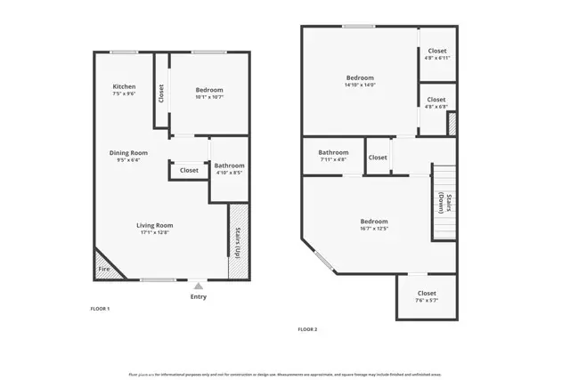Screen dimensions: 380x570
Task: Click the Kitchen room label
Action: (124, 86)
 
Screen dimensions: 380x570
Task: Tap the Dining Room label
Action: (128, 153)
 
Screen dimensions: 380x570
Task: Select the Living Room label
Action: (154, 225)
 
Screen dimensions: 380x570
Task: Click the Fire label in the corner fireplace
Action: (103, 268)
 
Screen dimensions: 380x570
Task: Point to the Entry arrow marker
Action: (198, 287)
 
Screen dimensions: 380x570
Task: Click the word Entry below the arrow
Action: (198, 297)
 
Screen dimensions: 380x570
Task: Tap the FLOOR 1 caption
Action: (100, 308)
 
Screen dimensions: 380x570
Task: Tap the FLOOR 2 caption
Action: (307, 329)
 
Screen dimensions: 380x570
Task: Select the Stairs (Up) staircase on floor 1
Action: (238, 242)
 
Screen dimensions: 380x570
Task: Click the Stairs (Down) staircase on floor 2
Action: (444, 203)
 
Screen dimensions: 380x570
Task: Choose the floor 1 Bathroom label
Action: (229, 166)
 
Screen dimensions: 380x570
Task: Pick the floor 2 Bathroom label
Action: (333, 152)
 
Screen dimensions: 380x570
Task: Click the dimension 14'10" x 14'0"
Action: (360, 85)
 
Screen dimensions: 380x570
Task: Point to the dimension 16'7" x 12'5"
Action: (374, 229)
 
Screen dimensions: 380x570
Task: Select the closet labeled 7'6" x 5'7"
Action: (427, 297)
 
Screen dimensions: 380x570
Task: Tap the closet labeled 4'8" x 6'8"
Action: (436, 103)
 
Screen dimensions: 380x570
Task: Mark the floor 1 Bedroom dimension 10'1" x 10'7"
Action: (209, 97)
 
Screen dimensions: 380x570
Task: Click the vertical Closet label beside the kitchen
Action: (161, 93)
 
